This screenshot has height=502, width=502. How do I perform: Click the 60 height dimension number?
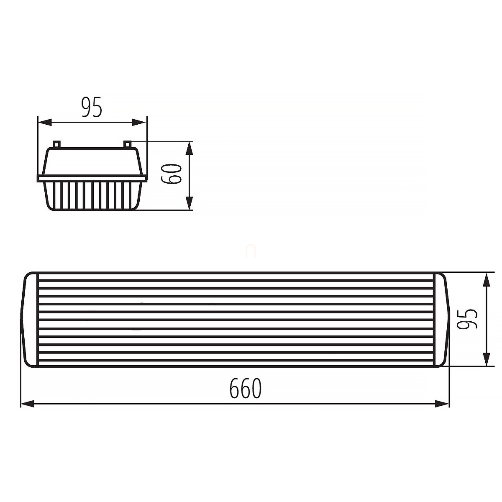tap(171, 174)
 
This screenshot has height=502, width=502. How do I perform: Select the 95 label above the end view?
tap(92, 107)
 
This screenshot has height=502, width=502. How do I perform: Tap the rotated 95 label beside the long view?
tap(468, 319)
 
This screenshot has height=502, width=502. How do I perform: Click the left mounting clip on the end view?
tap(56, 144)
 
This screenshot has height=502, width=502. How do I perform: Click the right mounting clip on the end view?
tap(128, 144)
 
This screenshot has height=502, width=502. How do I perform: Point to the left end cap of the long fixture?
tap(29, 319)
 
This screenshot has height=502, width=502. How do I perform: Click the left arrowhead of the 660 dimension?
tap(28, 404)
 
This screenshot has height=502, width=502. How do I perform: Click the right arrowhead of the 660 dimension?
tap(442, 404)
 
